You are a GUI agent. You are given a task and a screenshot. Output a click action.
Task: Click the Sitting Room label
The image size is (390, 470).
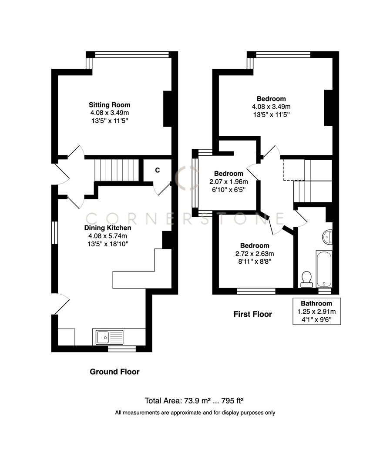(109, 105)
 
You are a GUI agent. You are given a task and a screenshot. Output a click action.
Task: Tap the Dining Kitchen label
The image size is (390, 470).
(108, 228)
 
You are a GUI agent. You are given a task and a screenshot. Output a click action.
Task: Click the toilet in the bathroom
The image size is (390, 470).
(307, 279)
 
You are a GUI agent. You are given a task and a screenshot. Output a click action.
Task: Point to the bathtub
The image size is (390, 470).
(324, 269)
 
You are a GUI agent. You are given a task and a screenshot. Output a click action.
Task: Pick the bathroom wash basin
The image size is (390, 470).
(328, 237)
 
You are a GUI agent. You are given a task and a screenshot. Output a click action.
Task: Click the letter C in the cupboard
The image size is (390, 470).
(158, 170)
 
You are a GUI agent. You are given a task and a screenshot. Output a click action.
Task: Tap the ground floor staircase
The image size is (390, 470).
(116, 170)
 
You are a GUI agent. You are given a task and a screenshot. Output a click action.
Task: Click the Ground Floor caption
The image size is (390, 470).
(114, 372)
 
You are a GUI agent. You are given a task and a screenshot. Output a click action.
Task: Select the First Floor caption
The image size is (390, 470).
(252, 314)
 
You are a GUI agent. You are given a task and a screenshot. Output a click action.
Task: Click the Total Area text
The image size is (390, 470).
(196, 400)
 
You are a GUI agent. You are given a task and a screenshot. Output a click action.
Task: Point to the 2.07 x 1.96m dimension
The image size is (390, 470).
(225, 181)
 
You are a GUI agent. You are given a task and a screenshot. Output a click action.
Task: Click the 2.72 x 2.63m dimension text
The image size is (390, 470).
(253, 254)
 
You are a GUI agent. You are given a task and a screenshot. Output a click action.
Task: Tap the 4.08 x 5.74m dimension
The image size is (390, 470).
(108, 236)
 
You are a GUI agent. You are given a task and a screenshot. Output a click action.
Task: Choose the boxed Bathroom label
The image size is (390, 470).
(316, 303)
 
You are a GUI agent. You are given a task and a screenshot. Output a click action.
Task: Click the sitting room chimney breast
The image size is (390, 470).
(168, 109)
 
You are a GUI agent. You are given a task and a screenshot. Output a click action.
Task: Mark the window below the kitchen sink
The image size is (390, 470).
(121, 349)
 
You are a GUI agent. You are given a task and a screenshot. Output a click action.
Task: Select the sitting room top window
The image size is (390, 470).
(131, 55)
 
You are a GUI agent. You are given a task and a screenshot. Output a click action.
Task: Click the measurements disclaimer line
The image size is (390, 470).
(195, 413)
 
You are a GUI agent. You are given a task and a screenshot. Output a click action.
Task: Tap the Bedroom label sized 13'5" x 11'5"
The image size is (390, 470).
(271, 99)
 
